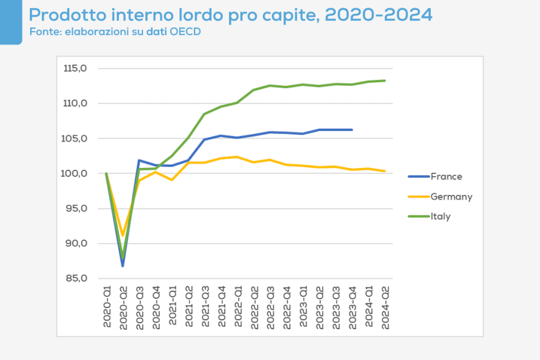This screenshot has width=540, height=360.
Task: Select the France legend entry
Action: click(x=446, y=177)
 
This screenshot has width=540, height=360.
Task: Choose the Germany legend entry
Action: click(x=451, y=197)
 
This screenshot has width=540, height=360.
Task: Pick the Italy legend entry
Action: click(x=440, y=216)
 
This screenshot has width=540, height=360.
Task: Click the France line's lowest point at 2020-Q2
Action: click(x=122, y=266)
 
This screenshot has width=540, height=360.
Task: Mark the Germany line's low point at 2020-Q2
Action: click(x=122, y=235)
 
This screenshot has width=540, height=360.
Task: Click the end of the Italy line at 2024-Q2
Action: click(x=385, y=81)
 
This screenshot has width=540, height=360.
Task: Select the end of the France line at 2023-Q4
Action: click(x=352, y=130)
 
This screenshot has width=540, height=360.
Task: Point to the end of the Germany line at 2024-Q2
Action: click(x=385, y=171)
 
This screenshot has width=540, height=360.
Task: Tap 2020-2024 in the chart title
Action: click(x=378, y=14)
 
